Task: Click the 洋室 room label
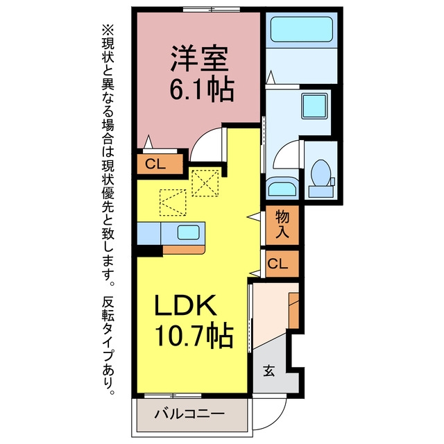pyautogui.click(x=199, y=58)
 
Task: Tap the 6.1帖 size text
pyautogui.click(x=202, y=89)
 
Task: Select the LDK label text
pyautogui.click(x=185, y=305)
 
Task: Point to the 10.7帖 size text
pyautogui.click(x=194, y=336)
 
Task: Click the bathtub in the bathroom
pyautogui.click(x=302, y=29)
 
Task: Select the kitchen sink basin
pyautogui.click(x=188, y=233)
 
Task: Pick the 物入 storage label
pyautogui.click(x=282, y=224)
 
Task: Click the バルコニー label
pyautogui.click(x=189, y=414)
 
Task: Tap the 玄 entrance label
pyautogui.click(x=268, y=370)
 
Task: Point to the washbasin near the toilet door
pyautogui.click(x=282, y=187)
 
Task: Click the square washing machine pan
pyautogui.click(x=314, y=106)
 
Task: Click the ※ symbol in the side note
pyautogui.click(x=108, y=31)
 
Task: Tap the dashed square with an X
pyautogui.click(x=205, y=183)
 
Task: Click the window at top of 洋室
pyautogui.click(x=212, y=9)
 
